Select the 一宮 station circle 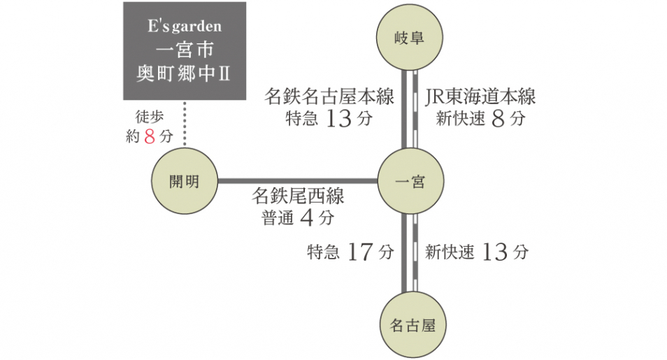coord(409,182)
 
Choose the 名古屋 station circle coord(409,324)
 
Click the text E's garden coord(185,27)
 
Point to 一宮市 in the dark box coord(185,50)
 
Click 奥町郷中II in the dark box coord(185,73)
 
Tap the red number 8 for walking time coord(149,137)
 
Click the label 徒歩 coord(149,117)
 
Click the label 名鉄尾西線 coord(298,196)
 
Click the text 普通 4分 coord(298,218)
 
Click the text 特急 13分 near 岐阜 coord(329,119)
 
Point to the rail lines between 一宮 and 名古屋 coord(409,253)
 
